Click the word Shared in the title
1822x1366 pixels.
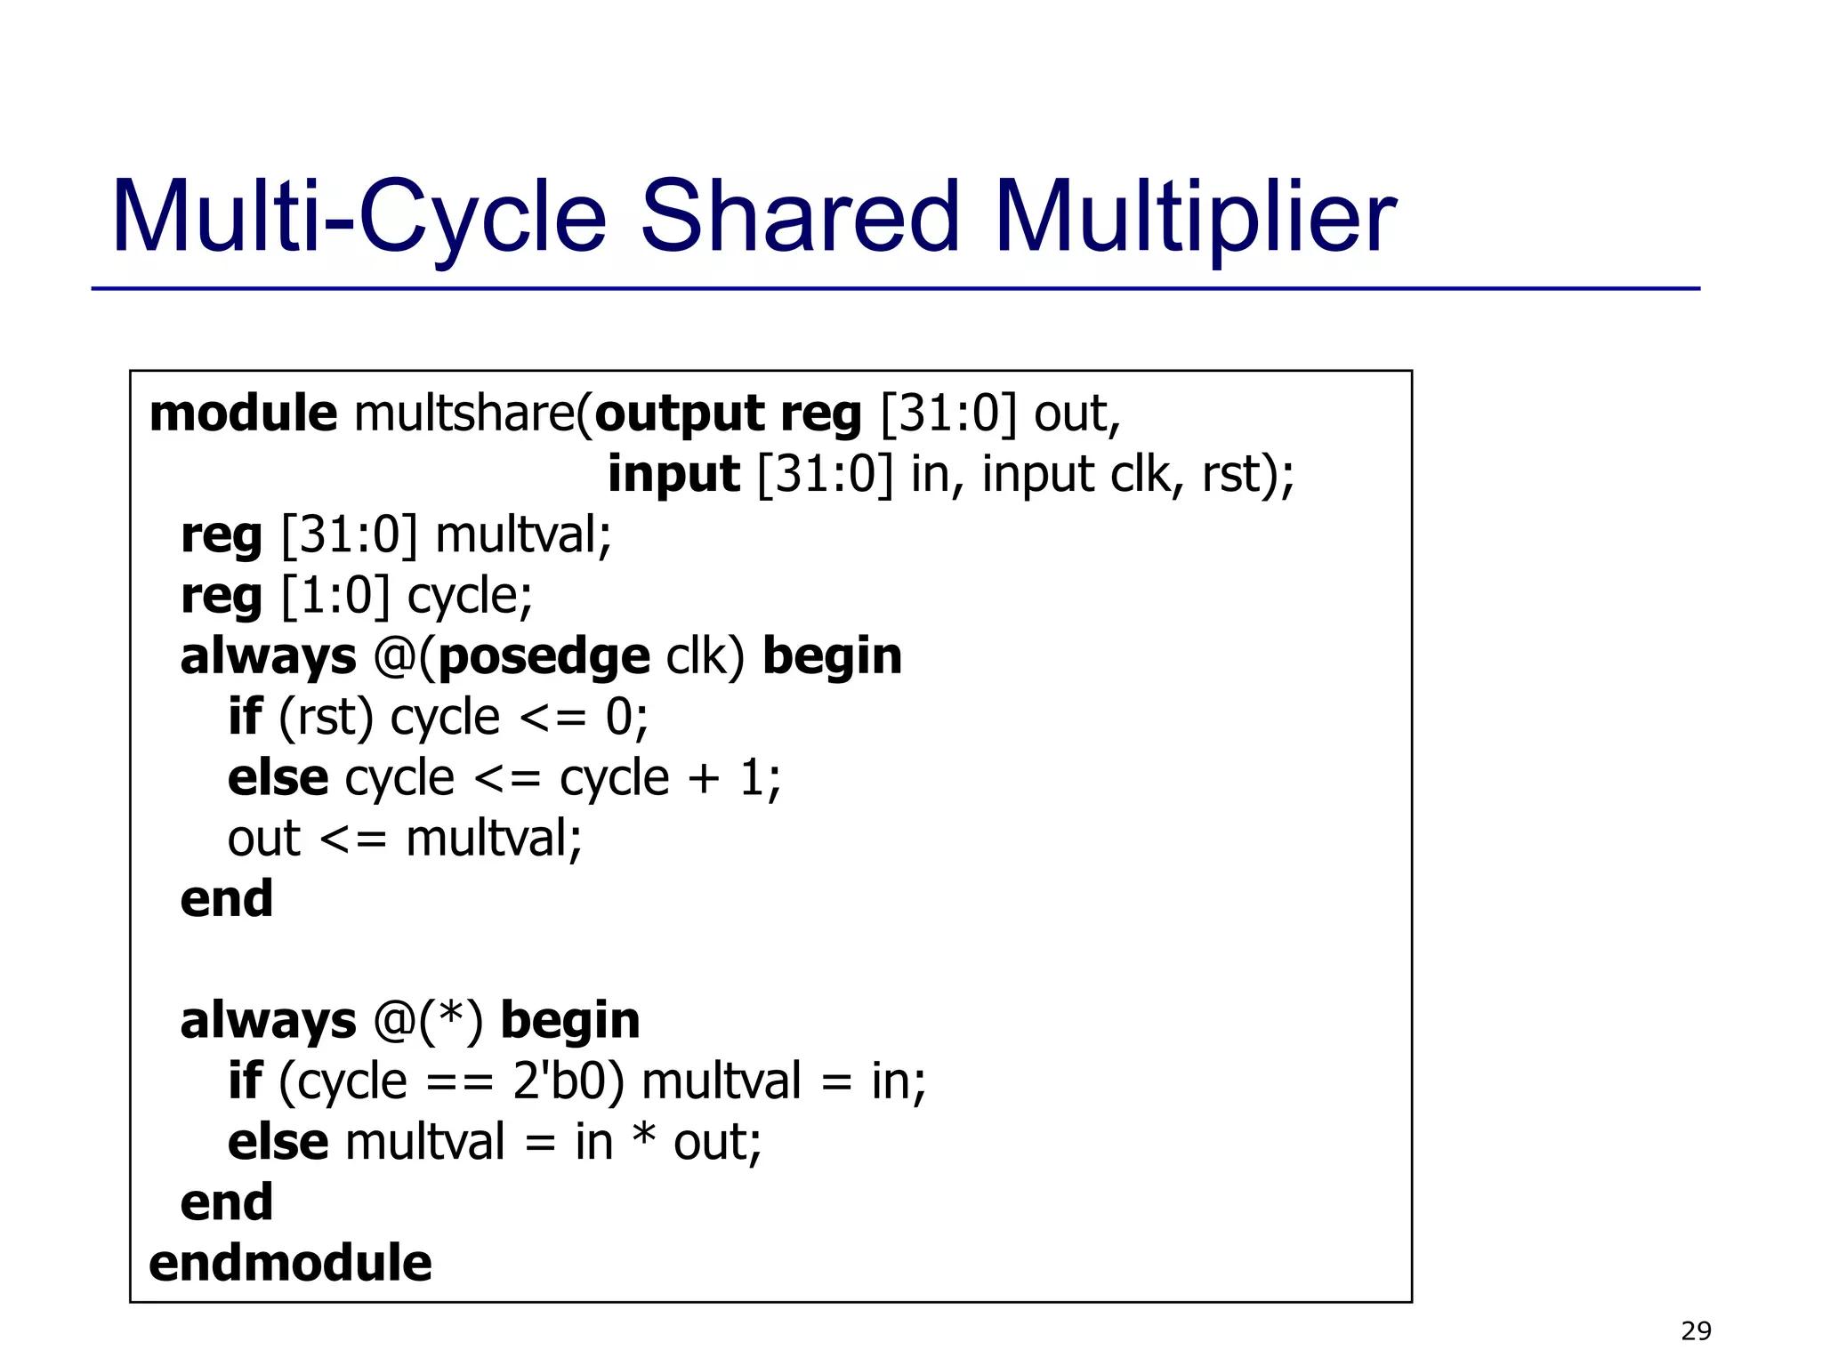[x=800, y=216]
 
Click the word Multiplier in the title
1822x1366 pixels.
[x=1194, y=216]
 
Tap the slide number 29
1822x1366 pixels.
[x=1696, y=1330]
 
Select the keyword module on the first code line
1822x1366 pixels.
[x=243, y=414]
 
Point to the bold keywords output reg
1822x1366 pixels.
[x=728, y=415]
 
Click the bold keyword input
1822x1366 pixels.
[x=673, y=474]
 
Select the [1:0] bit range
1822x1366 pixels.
[x=335, y=595]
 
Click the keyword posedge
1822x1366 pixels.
[x=544, y=657]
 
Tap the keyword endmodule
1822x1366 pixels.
[x=290, y=1263]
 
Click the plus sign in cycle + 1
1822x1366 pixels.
[x=704, y=778]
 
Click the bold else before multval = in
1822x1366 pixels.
[x=278, y=1142]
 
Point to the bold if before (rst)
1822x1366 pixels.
[x=245, y=717]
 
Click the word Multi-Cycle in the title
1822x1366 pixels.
[x=359, y=216]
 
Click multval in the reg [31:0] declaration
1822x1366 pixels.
[x=523, y=535]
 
